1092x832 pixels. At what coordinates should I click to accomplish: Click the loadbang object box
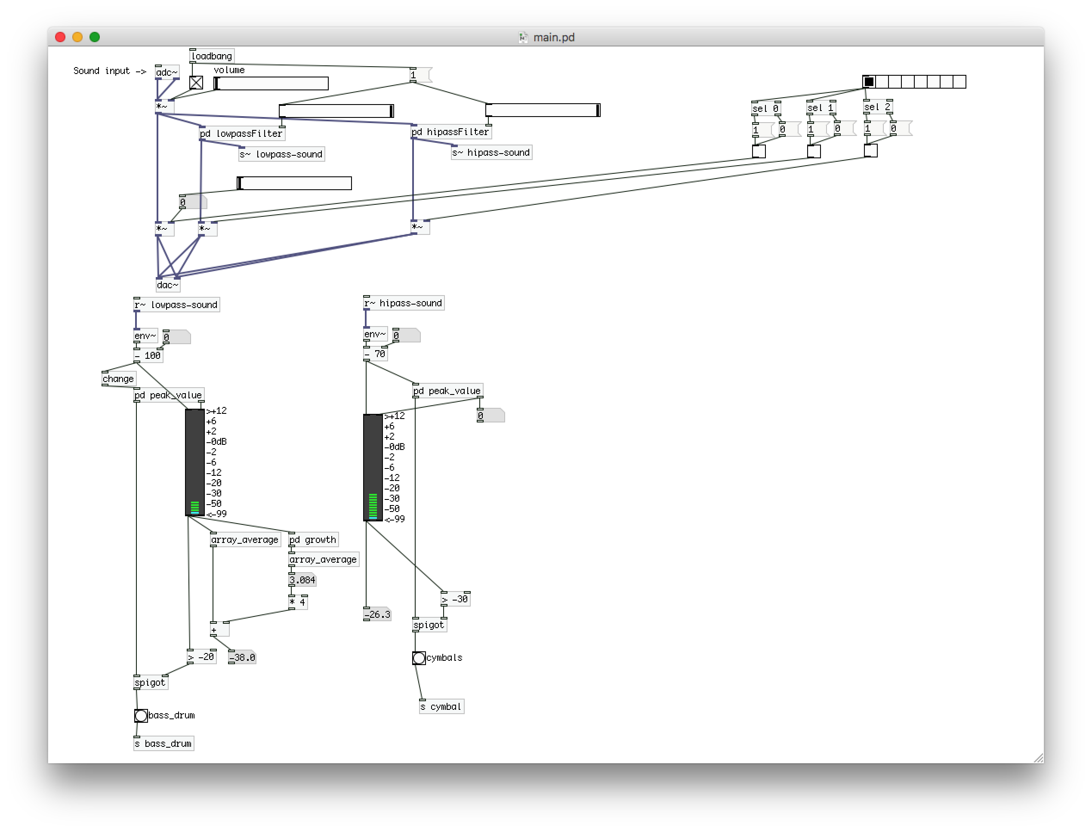coord(211,56)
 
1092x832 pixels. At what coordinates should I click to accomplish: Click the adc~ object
coord(167,72)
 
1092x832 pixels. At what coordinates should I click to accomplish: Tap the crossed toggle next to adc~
coord(196,83)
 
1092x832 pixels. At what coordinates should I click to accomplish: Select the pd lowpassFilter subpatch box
coord(242,133)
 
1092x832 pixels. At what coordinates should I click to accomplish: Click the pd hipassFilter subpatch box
coord(450,132)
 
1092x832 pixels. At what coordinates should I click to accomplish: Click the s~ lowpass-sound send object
coord(281,154)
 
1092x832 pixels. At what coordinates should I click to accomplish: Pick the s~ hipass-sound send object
coord(491,153)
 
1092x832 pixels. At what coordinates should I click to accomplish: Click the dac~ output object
coord(167,285)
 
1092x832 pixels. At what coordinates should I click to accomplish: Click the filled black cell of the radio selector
coord(869,82)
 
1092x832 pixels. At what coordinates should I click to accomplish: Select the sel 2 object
coord(877,107)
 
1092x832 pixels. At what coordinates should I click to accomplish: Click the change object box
coord(118,379)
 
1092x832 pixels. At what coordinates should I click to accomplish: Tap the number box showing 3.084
coord(302,580)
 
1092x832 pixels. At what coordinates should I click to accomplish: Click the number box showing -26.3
coord(377,615)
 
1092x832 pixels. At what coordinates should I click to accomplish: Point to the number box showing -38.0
coord(242,658)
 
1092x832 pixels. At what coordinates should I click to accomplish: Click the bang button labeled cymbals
coord(419,658)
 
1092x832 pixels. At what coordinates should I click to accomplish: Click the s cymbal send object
coord(441,707)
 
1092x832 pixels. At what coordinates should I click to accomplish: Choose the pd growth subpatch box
coord(313,539)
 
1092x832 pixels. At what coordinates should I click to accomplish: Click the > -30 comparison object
coord(455,599)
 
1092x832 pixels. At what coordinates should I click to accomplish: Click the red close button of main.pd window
coord(60,37)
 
